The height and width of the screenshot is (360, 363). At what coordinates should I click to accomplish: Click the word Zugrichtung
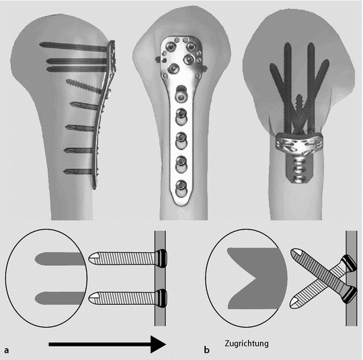click(x=247, y=344)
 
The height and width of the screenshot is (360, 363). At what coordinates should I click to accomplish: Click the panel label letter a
click(x=7, y=350)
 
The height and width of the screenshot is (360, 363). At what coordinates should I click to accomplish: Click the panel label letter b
click(x=206, y=349)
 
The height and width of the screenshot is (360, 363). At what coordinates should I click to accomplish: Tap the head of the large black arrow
click(x=159, y=345)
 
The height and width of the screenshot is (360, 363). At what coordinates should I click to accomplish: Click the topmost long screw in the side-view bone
click(x=74, y=46)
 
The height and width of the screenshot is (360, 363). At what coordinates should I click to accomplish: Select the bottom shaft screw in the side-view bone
click(x=79, y=172)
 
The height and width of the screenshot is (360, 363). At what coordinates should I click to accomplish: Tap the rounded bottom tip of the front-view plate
click(x=182, y=204)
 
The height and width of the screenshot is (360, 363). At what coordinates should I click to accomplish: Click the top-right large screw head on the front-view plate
click(x=191, y=47)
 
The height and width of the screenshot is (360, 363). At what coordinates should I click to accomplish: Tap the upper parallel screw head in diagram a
click(x=161, y=258)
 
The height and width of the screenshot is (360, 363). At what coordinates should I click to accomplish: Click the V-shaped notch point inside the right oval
click(x=256, y=278)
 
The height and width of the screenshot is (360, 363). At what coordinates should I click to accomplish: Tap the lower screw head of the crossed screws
click(x=350, y=294)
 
